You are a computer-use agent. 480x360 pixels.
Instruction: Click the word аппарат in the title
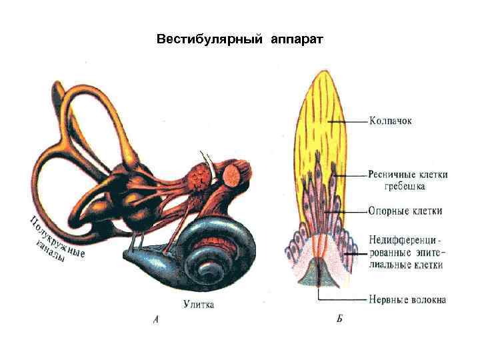297,39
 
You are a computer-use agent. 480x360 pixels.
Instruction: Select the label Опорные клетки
405,211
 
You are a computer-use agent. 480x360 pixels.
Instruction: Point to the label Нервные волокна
407,299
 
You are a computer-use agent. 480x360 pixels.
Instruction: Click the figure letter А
156,319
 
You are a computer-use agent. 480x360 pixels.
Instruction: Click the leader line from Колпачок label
350,122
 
